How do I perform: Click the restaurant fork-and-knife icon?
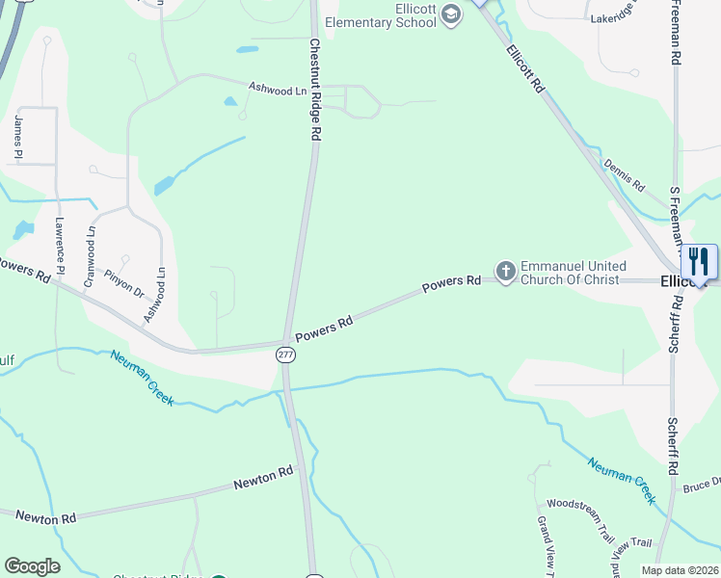[x=699, y=262]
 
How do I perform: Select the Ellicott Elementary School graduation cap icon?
[x=450, y=17]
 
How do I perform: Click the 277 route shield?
[x=285, y=355]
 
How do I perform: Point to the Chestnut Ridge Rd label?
[x=314, y=91]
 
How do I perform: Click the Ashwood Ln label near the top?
[x=277, y=88]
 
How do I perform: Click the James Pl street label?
[x=18, y=137]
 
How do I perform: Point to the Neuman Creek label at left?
[x=142, y=377]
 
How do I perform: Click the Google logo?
[x=32, y=565]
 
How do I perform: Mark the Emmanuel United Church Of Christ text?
[x=573, y=273]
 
